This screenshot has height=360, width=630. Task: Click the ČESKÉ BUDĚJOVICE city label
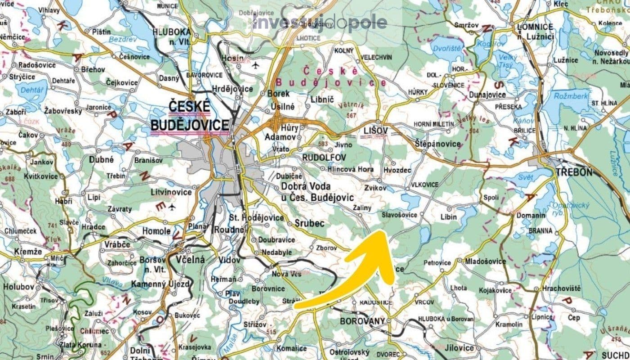tap(189, 116)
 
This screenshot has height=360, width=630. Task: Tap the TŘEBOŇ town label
tap(574, 172)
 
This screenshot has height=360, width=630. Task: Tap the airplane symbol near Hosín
tap(256, 66)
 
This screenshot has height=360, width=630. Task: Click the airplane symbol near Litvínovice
tap(172, 207)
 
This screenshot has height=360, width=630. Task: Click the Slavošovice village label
tap(399, 215)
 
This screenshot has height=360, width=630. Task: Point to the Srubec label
tap(310, 222)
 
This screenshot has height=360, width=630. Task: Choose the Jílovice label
tap(459, 348)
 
